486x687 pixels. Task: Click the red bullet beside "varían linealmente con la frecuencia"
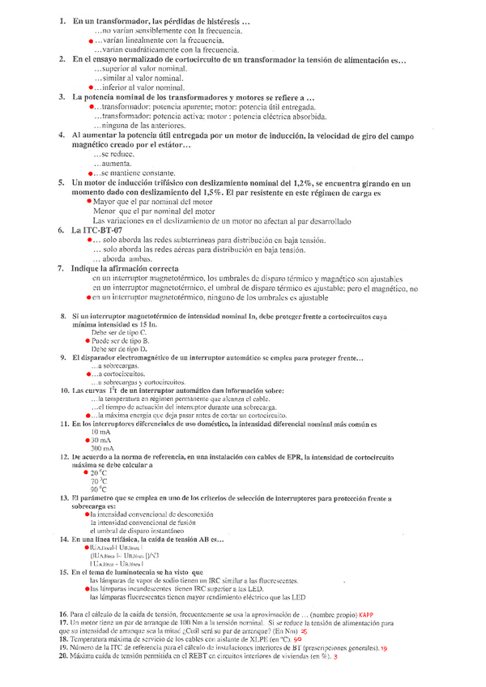pyautogui.click(x=90, y=40)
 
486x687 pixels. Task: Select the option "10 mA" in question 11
pyautogui.click(x=101, y=431)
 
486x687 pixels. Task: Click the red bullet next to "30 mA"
pyautogui.click(x=87, y=440)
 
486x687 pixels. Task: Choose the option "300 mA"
pyautogui.click(x=102, y=448)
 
